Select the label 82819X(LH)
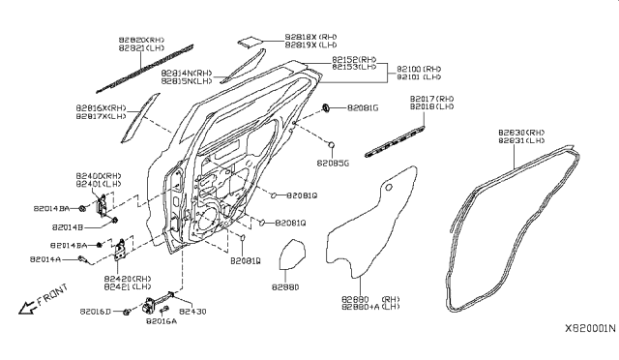pyautogui.click(x=310, y=45)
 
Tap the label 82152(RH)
pyautogui.click(x=354, y=60)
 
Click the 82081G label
pyautogui.click(x=363, y=107)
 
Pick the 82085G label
pyautogui.click(x=333, y=164)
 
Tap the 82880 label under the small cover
pyautogui.click(x=284, y=286)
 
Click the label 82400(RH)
pyautogui.click(x=100, y=175)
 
